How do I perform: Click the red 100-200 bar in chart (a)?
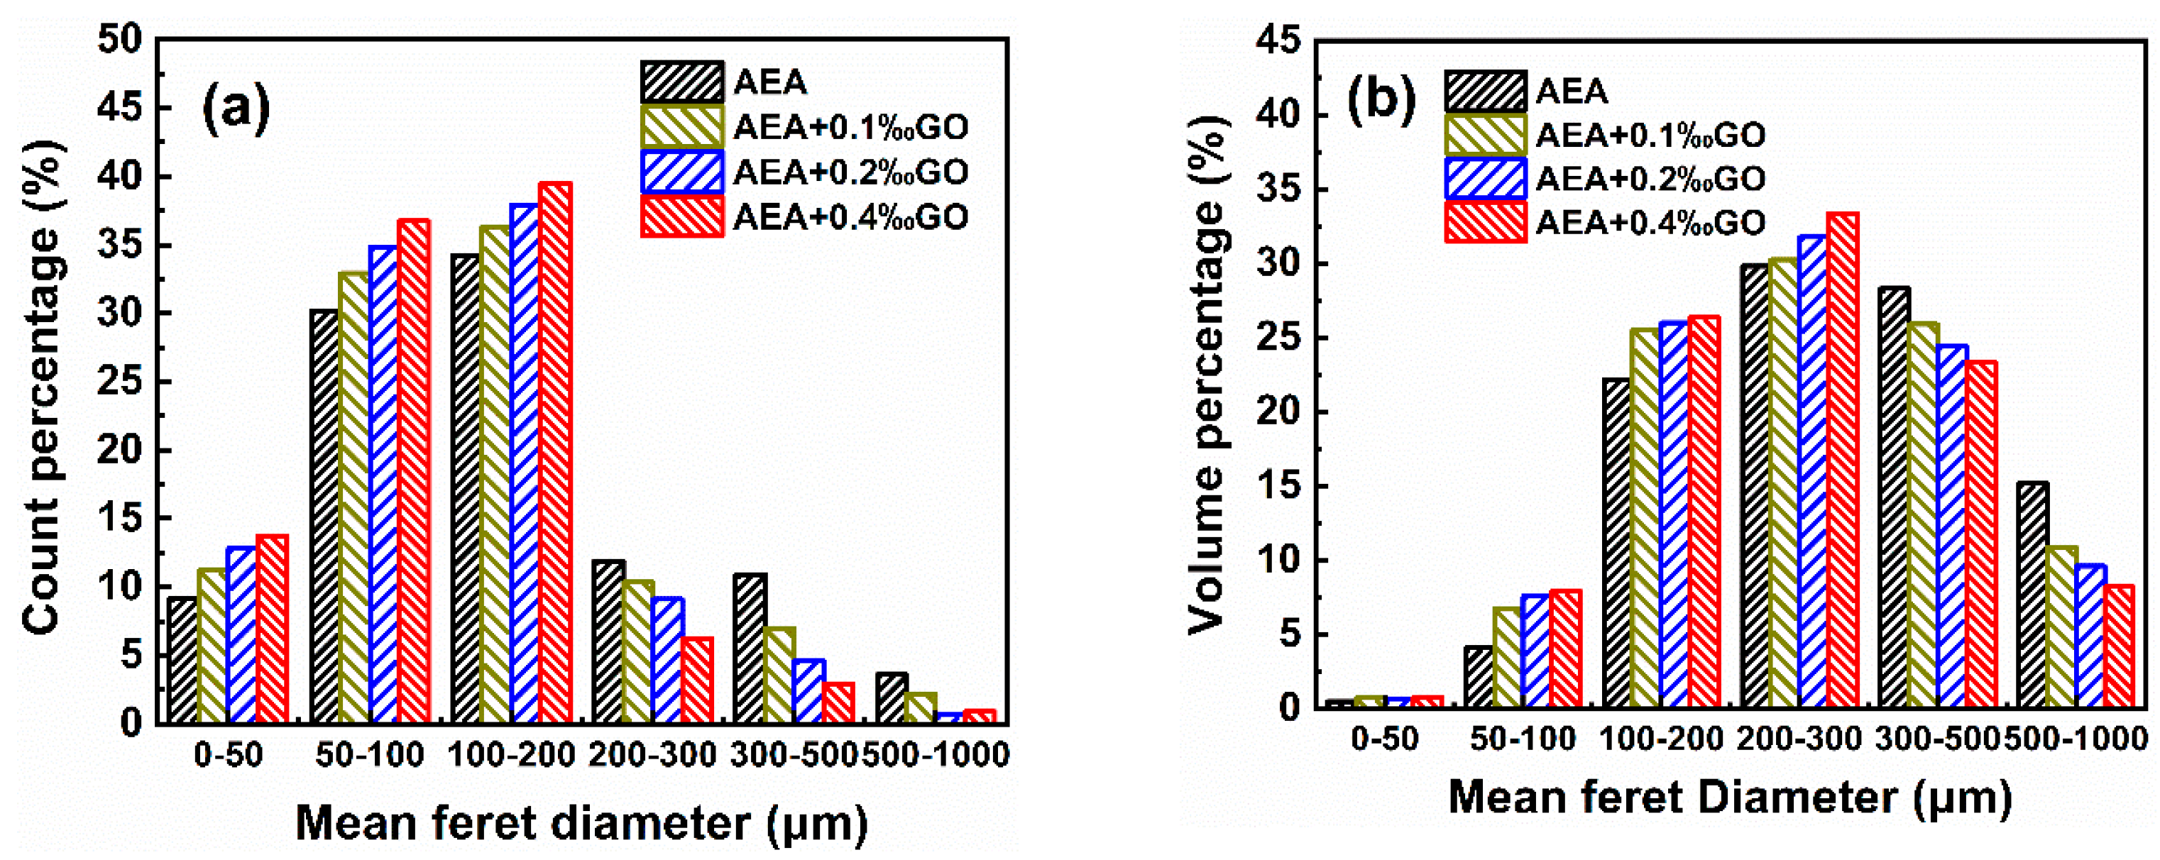click(x=555, y=453)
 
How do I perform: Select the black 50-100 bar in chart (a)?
click(x=324, y=515)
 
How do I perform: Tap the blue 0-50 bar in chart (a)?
click(x=242, y=634)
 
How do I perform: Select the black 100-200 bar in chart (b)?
click(x=1616, y=542)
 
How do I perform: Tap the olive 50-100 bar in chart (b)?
click(x=1508, y=657)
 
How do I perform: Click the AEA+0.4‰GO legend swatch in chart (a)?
click(x=681, y=217)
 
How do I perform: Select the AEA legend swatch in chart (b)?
click(x=1485, y=92)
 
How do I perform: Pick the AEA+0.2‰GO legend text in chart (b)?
click(x=1650, y=179)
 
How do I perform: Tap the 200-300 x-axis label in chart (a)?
click(x=652, y=755)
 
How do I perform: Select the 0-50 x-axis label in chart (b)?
click(x=1384, y=739)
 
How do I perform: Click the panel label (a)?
click(x=236, y=109)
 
